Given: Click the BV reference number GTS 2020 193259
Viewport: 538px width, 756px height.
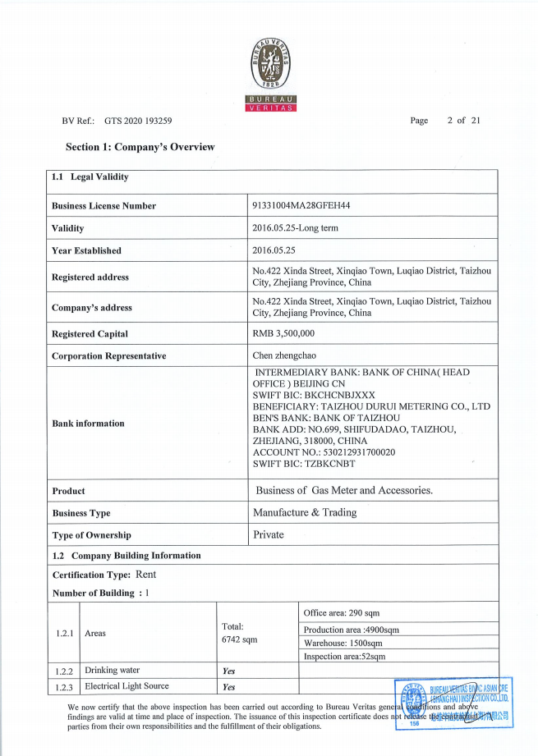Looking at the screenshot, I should point(138,121).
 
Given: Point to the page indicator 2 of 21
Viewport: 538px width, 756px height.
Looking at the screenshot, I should point(463,121).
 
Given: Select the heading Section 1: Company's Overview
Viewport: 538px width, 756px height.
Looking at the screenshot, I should point(140,147).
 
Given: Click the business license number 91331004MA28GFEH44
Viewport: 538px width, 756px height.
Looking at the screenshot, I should point(296,205).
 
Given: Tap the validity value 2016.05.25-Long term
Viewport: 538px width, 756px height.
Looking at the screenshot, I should point(295,228).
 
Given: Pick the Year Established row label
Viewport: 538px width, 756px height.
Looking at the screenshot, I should point(86,250).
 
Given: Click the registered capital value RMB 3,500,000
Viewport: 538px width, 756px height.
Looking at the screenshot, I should point(283,334).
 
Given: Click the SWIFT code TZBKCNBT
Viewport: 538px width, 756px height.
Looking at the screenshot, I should point(337,463).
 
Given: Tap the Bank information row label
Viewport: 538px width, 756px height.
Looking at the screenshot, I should point(88,424).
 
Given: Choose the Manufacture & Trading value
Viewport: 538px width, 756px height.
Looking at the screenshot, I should point(305,513).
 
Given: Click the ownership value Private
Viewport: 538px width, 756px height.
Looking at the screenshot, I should point(269,535).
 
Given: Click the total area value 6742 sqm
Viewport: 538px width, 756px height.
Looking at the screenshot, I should point(240,639).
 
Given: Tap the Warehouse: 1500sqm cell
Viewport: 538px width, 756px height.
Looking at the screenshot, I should point(343,643).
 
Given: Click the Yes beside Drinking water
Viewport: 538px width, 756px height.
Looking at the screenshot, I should point(229,671).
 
